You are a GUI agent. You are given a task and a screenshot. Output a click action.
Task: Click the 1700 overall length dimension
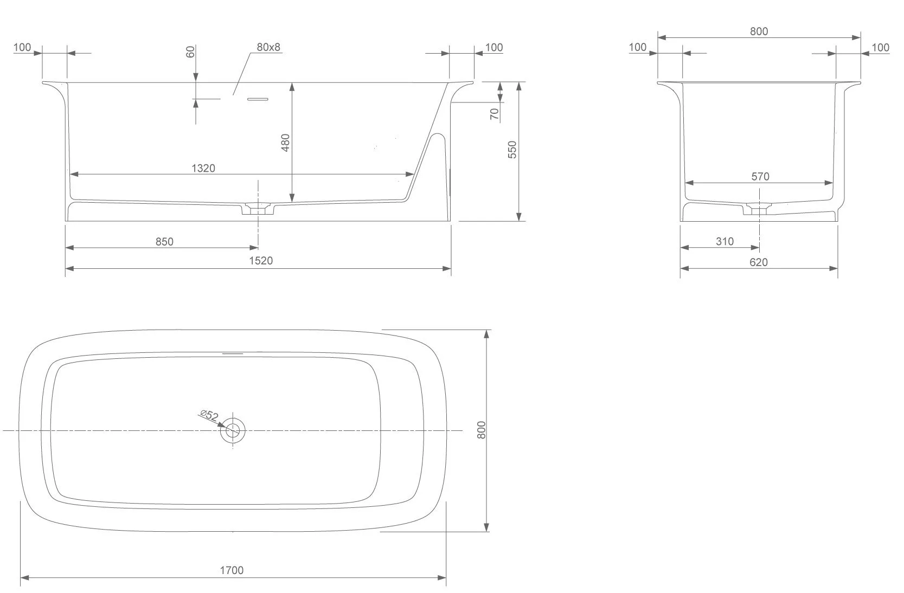pyautogui.click(x=232, y=570)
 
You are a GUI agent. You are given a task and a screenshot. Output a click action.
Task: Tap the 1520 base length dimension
pyautogui.click(x=261, y=261)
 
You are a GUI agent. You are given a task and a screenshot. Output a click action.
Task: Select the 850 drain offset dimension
pyautogui.click(x=164, y=242)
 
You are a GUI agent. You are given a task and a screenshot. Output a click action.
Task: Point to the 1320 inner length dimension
pyautogui.click(x=203, y=168)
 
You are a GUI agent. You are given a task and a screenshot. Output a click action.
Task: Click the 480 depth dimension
pyautogui.click(x=285, y=143)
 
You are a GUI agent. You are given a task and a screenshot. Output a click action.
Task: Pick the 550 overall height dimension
pyautogui.click(x=512, y=150)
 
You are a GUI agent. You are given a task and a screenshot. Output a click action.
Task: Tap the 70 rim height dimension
pyautogui.click(x=495, y=114)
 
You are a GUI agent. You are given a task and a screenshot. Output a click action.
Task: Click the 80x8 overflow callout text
pyautogui.click(x=268, y=47)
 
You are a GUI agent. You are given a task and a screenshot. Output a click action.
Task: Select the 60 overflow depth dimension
pyautogui.click(x=190, y=51)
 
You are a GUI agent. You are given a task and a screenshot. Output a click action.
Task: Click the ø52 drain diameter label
pyautogui.click(x=209, y=416)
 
